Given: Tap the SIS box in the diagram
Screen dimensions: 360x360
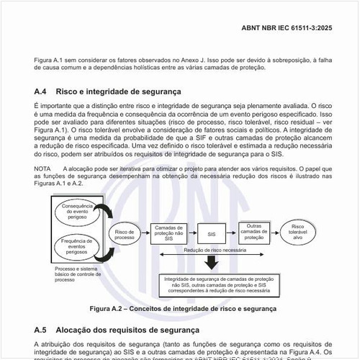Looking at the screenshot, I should tap(211, 234).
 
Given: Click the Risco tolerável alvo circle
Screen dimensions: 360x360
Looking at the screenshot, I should tap(297, 232).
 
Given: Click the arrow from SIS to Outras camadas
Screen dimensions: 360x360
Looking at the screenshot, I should tap(232, 234).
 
